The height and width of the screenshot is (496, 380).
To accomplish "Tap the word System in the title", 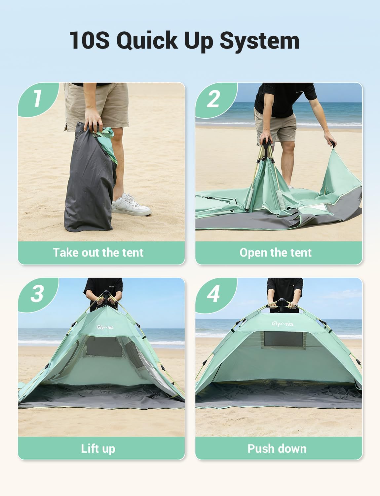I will click(x=259, y=41).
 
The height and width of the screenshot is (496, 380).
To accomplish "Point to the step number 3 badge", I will click(x=37, y=294).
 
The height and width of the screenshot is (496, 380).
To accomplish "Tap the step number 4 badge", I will click(x=213, y=294).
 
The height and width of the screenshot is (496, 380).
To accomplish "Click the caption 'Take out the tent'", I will click(x=98, y=253).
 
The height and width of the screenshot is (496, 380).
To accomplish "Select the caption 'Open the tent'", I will click(x=275, y=253).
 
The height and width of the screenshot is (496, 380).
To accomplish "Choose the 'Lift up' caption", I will click(x=98, y=448).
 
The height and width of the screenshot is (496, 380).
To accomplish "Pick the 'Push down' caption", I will click(x=277, y=448).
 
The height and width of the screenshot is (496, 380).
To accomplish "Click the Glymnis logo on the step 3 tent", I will click(x=105, y=327).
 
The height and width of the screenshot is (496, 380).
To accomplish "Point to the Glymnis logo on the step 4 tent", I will click(x=283, y=324).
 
